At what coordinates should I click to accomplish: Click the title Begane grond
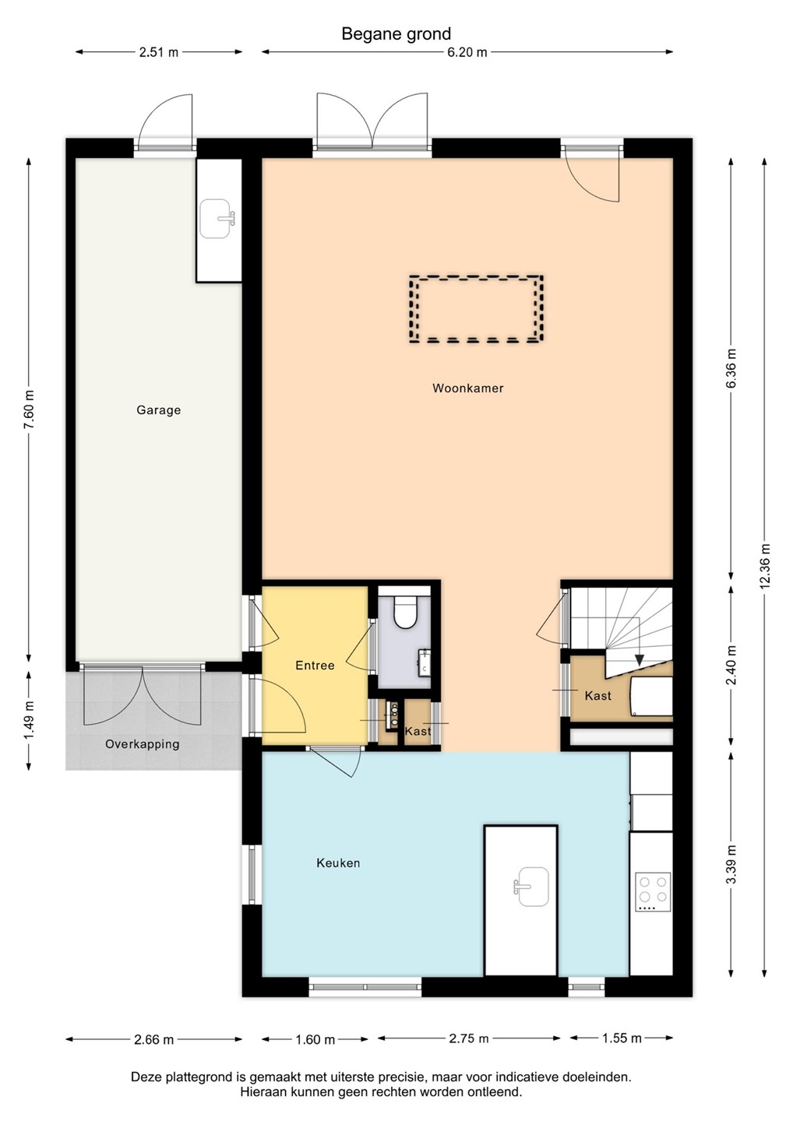pyautogui.click(x=396, y=34)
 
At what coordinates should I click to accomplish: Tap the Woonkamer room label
pyautogui.click(x=467, y=388)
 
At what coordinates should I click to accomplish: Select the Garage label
pyautogui.click(x=158, y=410)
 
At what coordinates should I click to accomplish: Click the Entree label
pyautogui.click(x=315, y=665)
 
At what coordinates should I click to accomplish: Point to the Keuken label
pyautogui.click(x=338, y=863)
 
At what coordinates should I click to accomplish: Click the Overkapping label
pyautogui.click(x=143, y=744)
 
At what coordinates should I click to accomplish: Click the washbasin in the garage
pyautogui.click(x=217, y=219)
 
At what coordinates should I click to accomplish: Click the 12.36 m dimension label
pyautogui.click(x=764, y=566)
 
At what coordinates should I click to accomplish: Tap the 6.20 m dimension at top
pyautogui.click(x=467, y=52)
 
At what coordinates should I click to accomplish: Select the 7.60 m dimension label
pyautogui.click(x=30, y=409)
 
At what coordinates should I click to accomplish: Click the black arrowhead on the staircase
pyautogui.click(x=638, y=659)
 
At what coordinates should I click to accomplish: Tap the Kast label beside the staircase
pyautogui.click(x=597, y=696)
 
